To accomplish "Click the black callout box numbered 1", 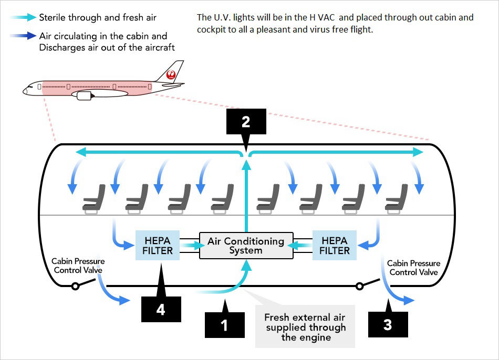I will (224, 325).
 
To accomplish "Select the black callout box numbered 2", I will (246, 122).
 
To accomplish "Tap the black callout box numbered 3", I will (388, 324).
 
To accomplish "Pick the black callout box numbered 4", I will (161, 310).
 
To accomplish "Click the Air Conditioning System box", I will (246, 246).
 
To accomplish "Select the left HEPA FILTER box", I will (158, 245).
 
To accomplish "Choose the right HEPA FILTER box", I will (335, 245).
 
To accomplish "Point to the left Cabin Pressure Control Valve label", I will (78, 266).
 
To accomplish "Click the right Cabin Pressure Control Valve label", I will (414, 268).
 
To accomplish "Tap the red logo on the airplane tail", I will (171, 75).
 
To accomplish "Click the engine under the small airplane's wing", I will (84, 96).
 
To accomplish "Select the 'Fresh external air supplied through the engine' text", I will (305, 327).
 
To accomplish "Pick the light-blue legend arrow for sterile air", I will (22, 18).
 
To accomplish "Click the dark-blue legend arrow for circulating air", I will (22, 37).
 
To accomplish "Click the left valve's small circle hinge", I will (76, 287).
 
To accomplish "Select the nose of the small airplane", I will (25, 91).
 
